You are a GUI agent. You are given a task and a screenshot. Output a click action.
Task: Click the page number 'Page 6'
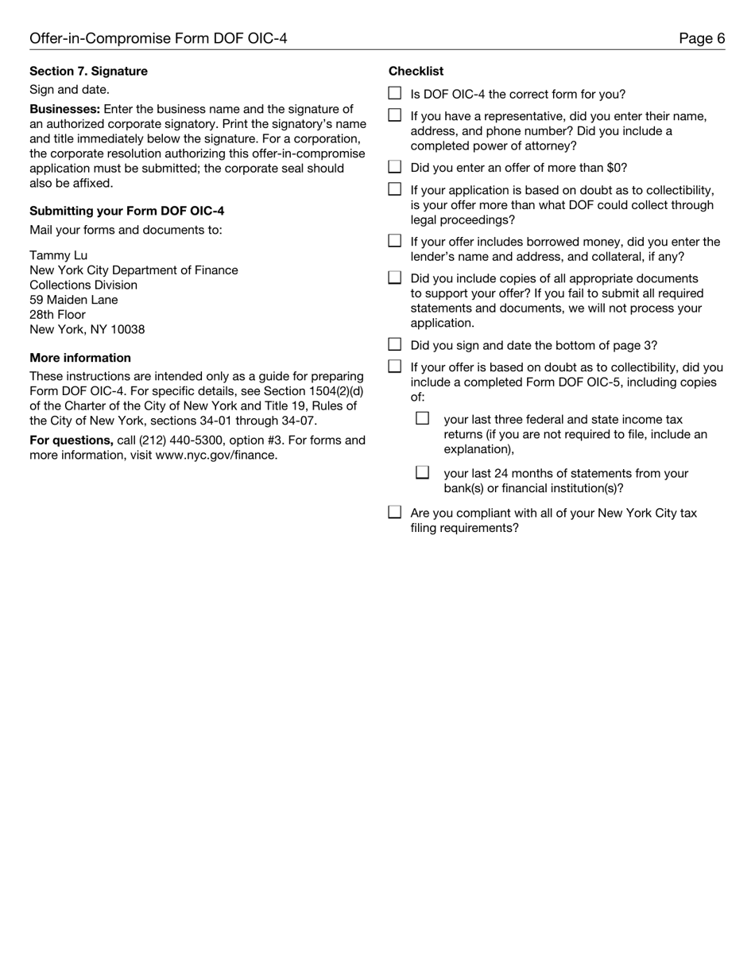point(702,38)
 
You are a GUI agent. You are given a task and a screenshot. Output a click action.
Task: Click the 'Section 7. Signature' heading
point(88,72)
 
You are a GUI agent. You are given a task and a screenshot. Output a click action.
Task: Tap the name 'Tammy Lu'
point(58,255)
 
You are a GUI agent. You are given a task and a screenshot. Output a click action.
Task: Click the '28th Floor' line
point(57,314)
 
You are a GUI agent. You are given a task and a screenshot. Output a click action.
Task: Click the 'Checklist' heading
point(416,72)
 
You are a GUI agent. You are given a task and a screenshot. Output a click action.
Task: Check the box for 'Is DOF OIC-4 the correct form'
point(395,94)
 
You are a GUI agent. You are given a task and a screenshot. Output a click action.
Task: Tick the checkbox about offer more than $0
point(395,167)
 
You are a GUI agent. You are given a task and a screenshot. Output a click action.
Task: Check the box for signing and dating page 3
point(395,344)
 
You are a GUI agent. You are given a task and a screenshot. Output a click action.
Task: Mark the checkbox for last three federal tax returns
point(423,418)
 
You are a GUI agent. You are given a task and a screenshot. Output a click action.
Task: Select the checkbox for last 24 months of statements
point(423,472)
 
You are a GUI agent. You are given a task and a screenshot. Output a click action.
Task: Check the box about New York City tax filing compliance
point(395,512)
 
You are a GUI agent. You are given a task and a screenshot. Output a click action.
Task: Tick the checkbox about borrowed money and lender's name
point(395,241)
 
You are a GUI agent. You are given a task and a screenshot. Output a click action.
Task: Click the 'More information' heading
point(80,358)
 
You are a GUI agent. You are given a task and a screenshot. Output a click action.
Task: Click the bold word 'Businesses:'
point(65,110)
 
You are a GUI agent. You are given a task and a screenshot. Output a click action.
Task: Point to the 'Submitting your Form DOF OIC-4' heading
point(126,212)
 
